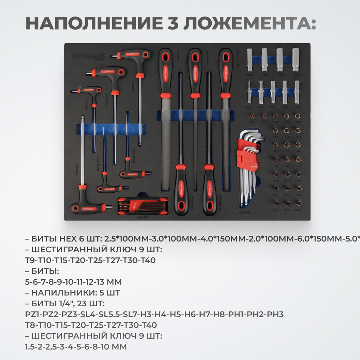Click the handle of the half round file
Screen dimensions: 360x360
click(225, 72)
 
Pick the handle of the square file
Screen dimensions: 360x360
click(194, 72)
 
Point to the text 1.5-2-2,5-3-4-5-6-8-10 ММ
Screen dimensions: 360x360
click(76, 347)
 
